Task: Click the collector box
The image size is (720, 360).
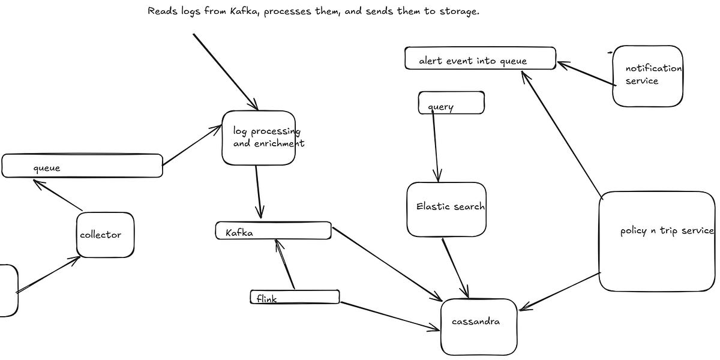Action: tap(105, 235)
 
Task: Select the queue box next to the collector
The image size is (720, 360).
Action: tap(82, 166)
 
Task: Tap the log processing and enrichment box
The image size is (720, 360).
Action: tap(259, 137)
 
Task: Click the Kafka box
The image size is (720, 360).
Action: tap(273, 231)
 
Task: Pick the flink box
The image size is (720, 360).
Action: tap(294, 297)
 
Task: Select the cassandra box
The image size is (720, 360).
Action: tap(479, 326)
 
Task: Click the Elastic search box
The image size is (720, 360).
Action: tap(446, 209)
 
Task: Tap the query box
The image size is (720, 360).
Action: tap(451, 103)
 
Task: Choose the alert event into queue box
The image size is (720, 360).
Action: tap(479, 59)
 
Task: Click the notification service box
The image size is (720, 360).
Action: tap(648, 76)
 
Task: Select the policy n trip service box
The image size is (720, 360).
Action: tap(657, 241)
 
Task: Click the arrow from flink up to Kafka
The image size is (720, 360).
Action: tap(285, 264)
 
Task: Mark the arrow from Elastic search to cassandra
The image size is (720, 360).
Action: tap(455, 268)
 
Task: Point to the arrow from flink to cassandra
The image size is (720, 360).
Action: tap(390, 316)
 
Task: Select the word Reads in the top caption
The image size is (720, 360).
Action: tap(161, 11)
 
